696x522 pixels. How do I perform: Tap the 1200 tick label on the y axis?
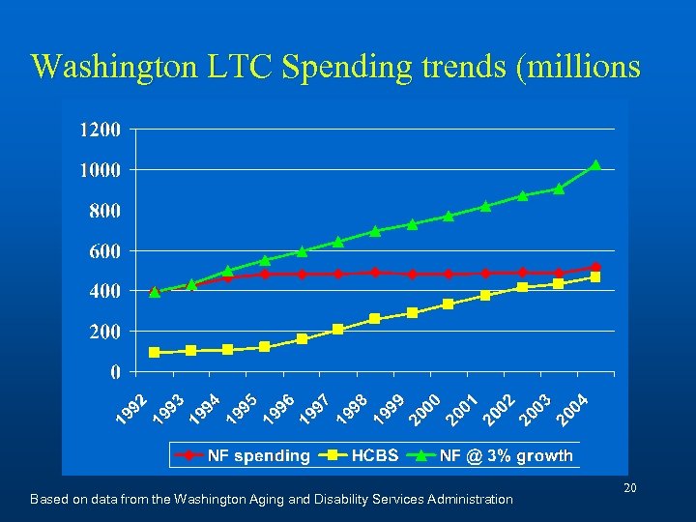(x=100, y=129)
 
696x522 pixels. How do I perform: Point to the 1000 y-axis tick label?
(x=100, y=169)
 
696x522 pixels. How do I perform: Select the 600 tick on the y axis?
(x=103, y=250)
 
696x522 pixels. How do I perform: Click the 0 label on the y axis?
(x=115, y=371)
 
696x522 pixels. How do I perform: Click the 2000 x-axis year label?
(x=424, y=409)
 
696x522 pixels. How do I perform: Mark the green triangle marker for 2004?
(x=595, y=165)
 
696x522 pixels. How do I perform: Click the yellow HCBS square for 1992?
(x=155, y=353)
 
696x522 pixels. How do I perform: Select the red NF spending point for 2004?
(x=595, y=267)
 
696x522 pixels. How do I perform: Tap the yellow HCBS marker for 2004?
(x=595, y=277)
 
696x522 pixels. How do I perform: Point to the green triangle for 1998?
(x=375, y=231)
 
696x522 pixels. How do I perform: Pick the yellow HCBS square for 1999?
(x=412, y=313)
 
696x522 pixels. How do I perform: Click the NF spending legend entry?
(x=247, y=455)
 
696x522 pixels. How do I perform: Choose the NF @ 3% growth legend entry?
(x=493, y=455)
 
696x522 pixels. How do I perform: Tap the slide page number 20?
(x=629, y=489)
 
